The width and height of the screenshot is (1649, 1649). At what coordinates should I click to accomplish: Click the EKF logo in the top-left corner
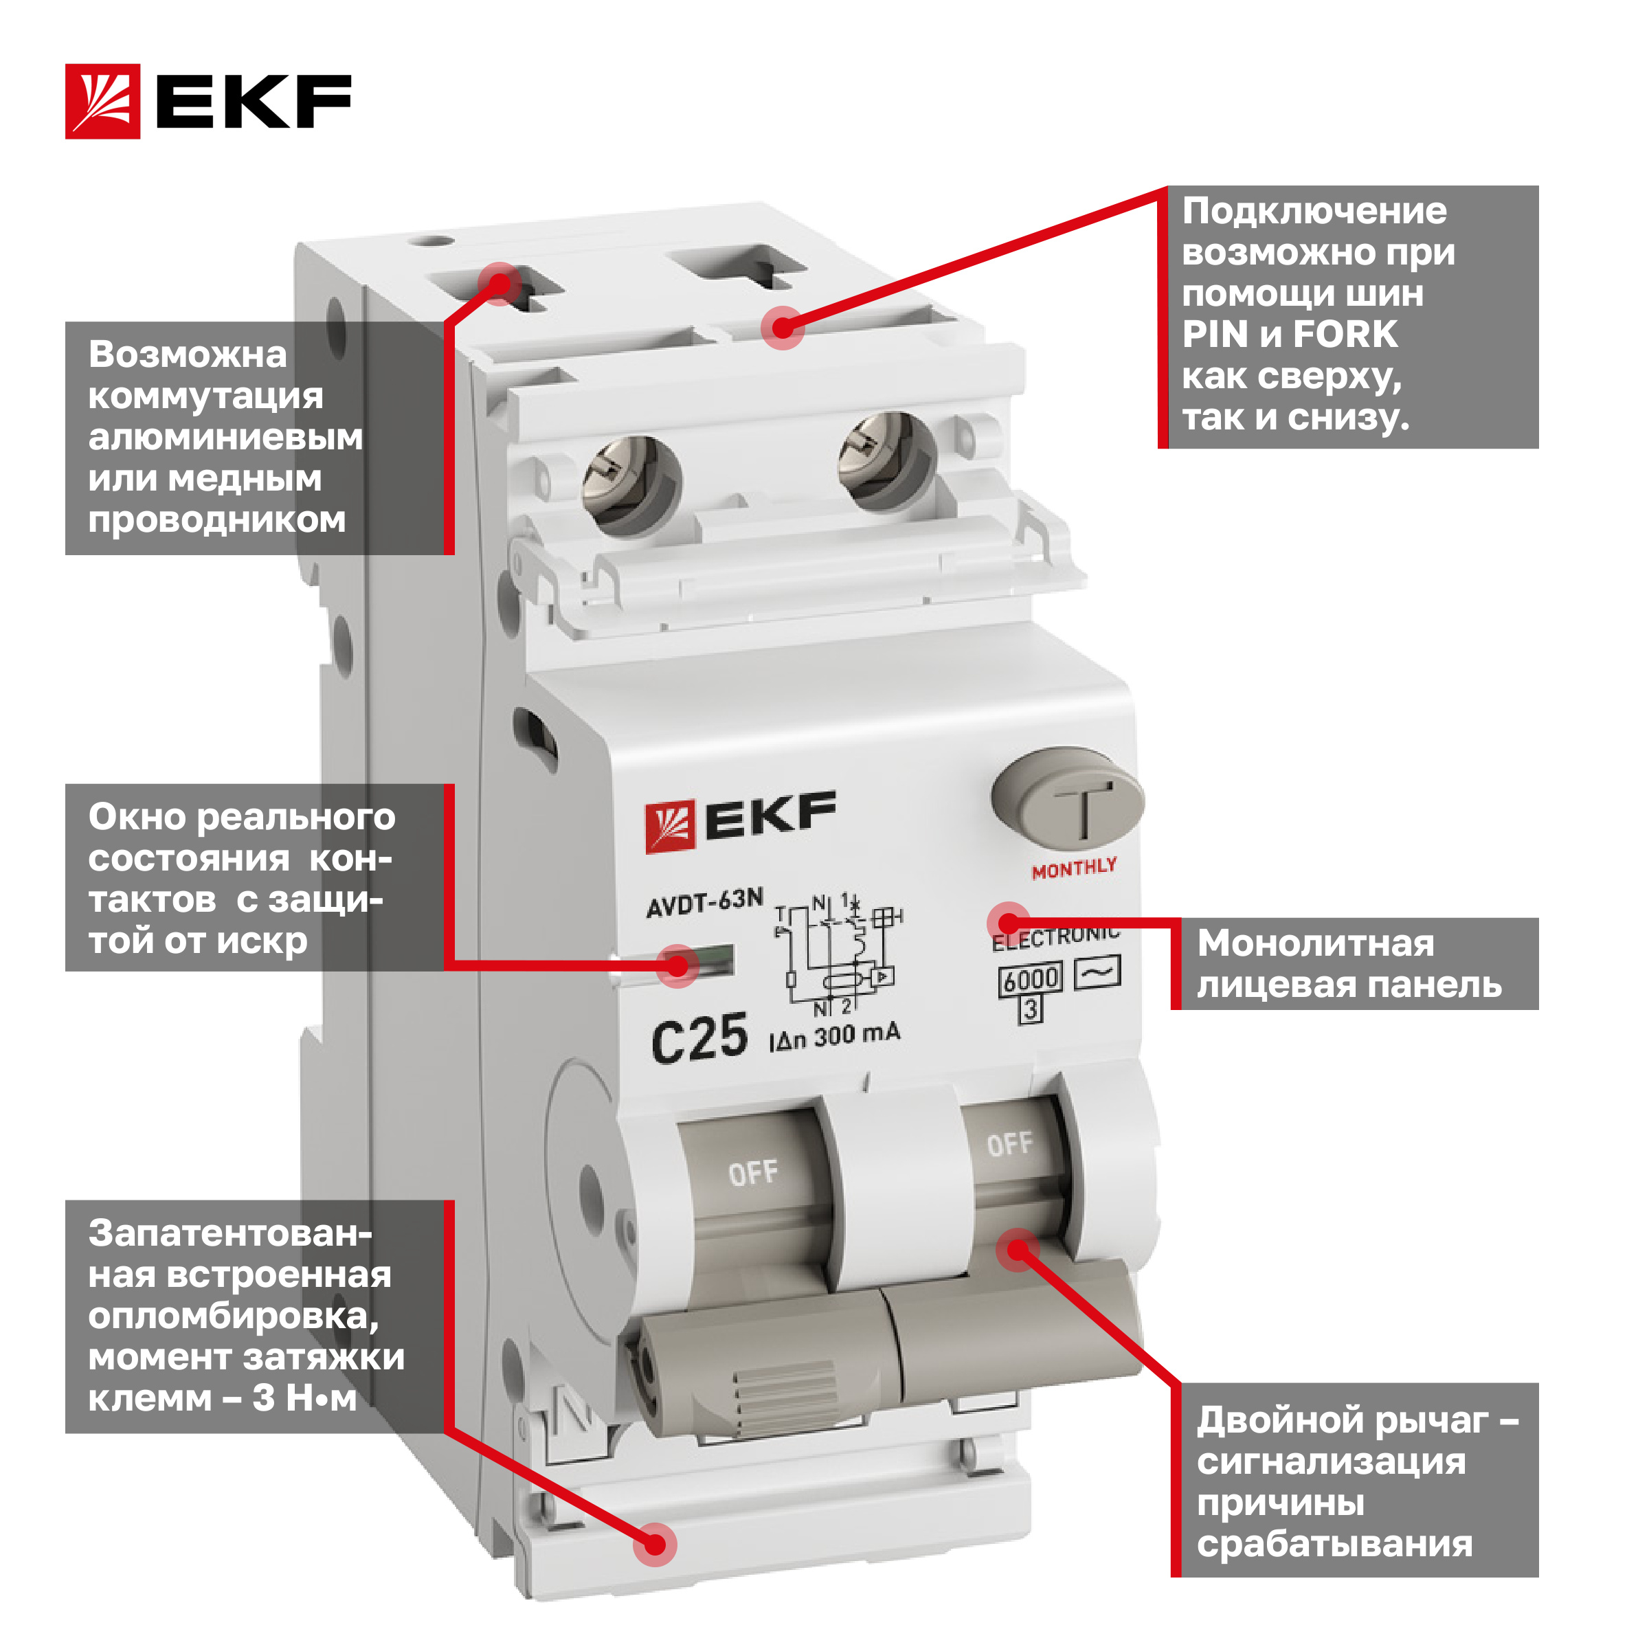(x=208, y=101)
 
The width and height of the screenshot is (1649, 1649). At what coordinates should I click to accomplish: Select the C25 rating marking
(x=699, y=1039)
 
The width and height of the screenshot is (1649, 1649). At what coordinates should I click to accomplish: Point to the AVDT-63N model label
(x=704, y=903)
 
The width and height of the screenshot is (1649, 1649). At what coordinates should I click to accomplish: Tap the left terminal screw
(x=632, y=486)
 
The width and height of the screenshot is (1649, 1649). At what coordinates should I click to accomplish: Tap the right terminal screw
(x=888, y=462)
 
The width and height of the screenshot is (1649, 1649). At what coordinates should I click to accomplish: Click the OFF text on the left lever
(x=753, y=1174)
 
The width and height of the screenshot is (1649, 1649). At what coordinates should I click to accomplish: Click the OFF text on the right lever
(x=1010, y=1144)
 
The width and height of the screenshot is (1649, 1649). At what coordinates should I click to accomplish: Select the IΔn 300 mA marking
(x=834, y=1036)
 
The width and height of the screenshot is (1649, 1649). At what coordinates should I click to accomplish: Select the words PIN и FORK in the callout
(x=1290, y=334)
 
